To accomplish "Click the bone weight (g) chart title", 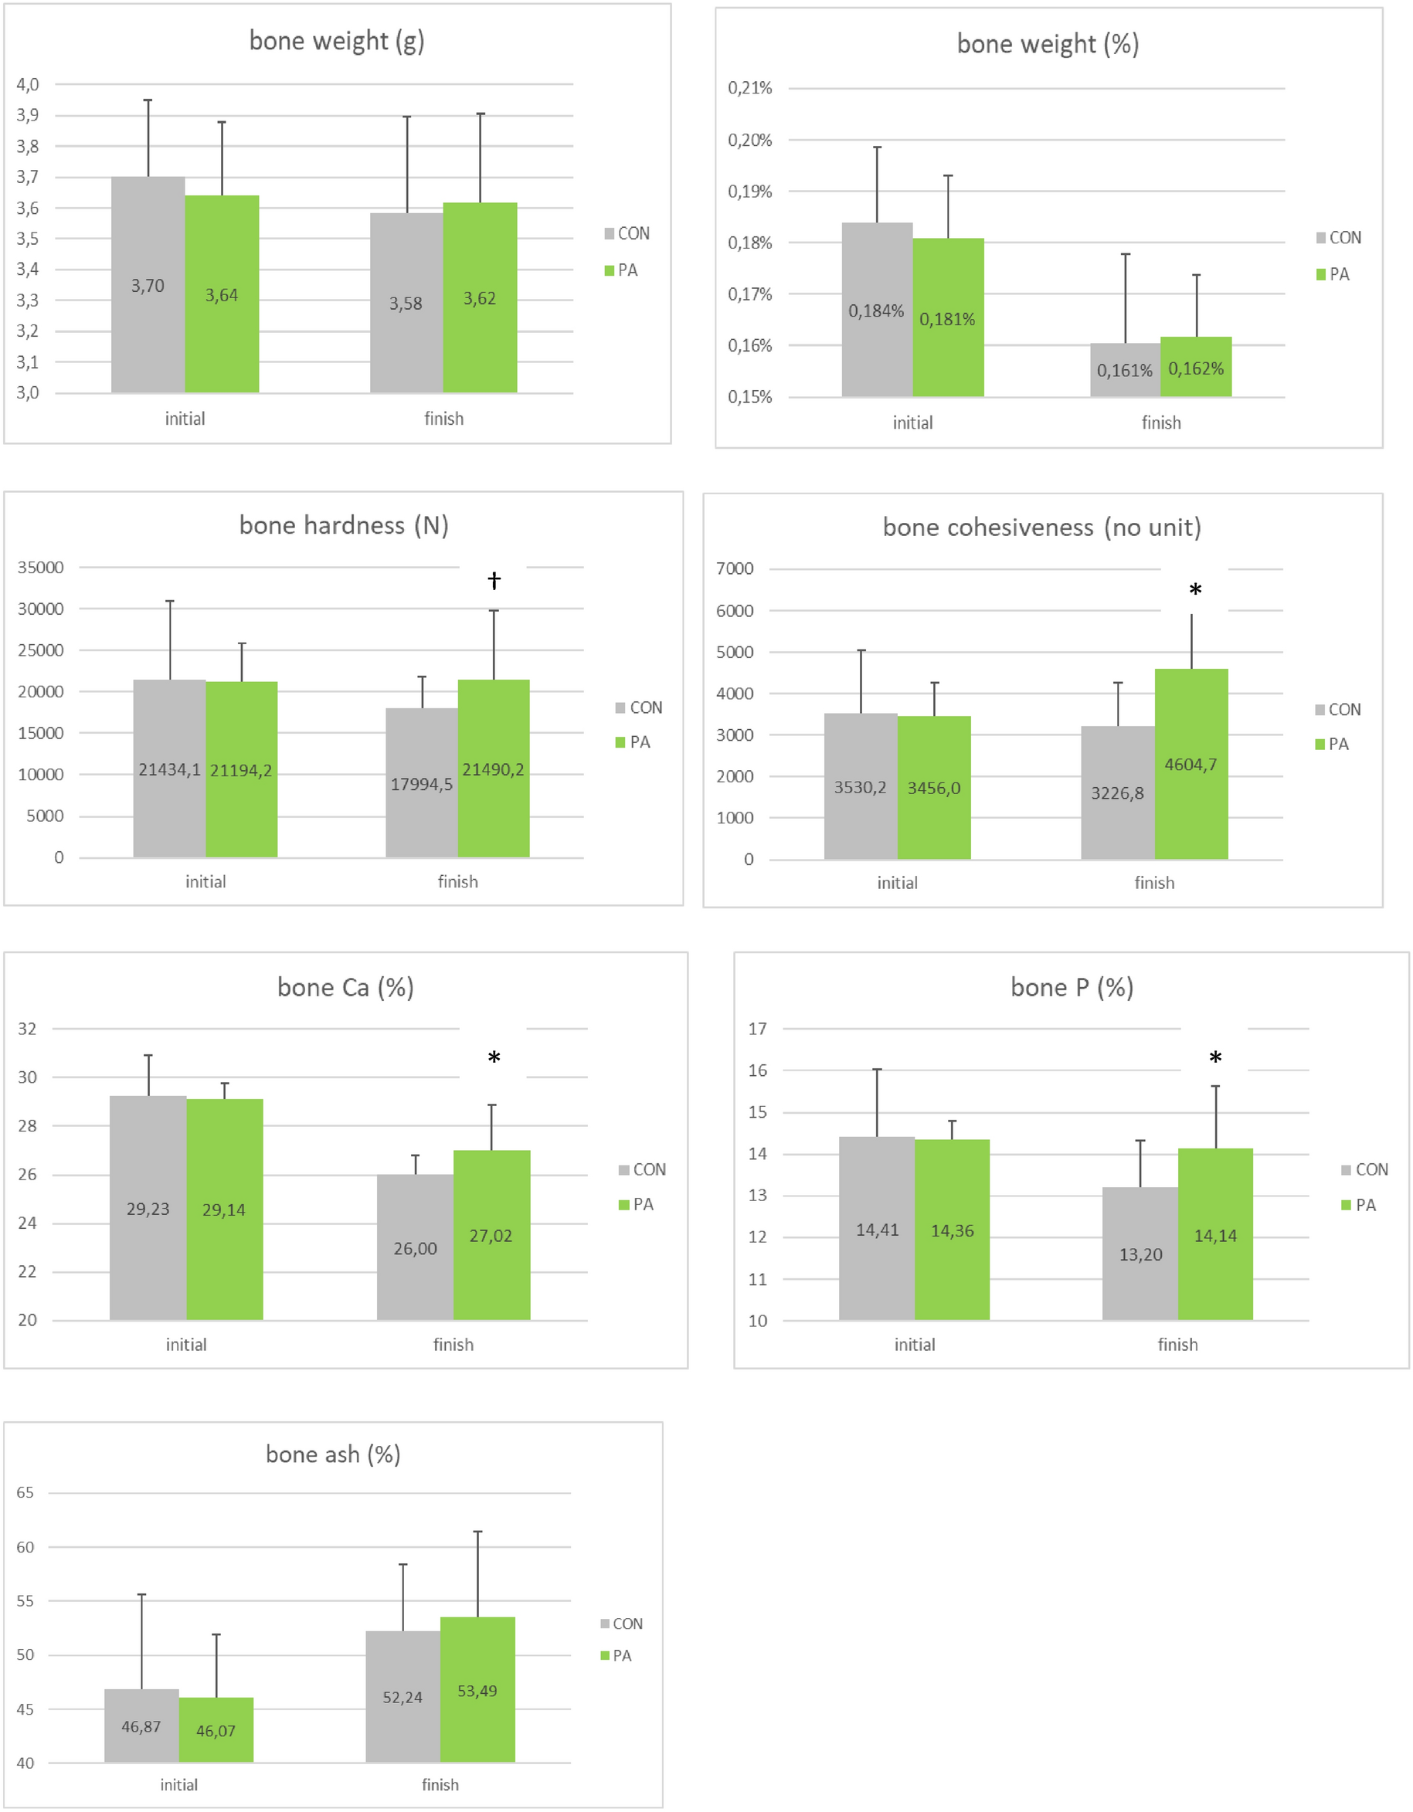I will tap(336, 41).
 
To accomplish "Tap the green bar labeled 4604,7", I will tap(1191, 763).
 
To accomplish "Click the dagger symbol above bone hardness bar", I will tap(494, 580).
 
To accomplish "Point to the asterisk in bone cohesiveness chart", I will tap(1195, 591).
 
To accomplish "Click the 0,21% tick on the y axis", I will tap(749, 88).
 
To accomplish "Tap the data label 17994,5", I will tap(422, 784).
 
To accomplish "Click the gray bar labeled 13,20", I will tap(1140, 1254).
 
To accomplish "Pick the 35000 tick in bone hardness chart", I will tap(41, 568).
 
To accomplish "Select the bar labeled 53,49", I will tap(477, 1690).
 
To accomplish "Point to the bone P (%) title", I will tap(1072, 987).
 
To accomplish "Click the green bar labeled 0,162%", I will tap(1196, 368).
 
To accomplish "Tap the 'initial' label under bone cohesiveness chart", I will tap(897, 883).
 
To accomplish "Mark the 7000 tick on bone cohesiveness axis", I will tap(735, 569).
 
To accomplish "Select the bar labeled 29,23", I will tap(148, 1208).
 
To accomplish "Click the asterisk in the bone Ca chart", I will tap(494, 1058).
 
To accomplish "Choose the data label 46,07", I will tap(216, 1731).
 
